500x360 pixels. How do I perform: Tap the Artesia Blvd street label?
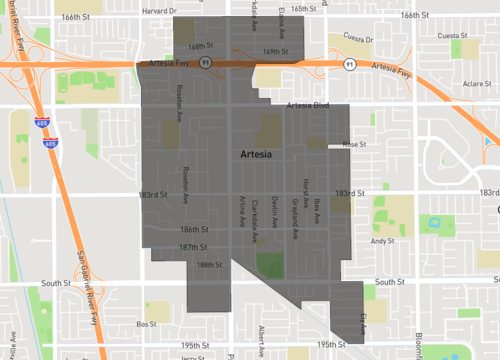tap(307, 105)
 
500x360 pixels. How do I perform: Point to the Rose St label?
tap(355, 145)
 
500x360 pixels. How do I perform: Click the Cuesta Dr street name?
tap(358, 39)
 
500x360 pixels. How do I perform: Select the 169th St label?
tap(274, 48)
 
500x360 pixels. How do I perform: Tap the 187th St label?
tap(193, 247)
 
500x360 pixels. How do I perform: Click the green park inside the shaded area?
tap(270, 265)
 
